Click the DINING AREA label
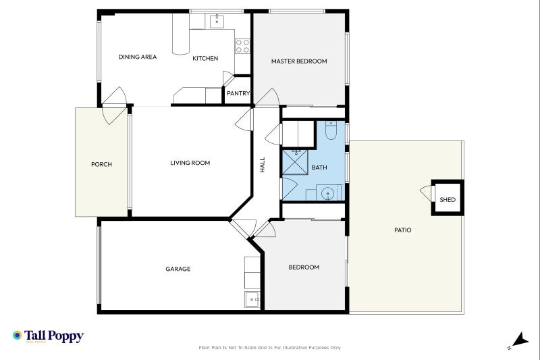click(x=138, y=57)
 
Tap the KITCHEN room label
click(x=205, y=58)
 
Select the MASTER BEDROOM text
click(x=299, y=61)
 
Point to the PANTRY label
click(x=238, y=93)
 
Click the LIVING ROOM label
click(x=190, y=163)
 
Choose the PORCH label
click(x=102, y=164)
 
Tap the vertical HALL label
click(x=263, y=165)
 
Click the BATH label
click(x=319, y=168)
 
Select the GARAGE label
click(x=178, y=269)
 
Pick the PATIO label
click(x=402, y=230)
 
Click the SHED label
click(x=448, y=200)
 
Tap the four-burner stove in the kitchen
click(x=242, y=46)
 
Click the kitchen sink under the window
click(x=217, y=22)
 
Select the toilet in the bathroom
click(x=331, y=130)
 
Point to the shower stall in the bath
click(x=295, y=162)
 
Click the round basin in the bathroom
click(x=327, y=194)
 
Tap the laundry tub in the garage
click(x=252, y=300)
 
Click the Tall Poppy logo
click(x=48, y=336)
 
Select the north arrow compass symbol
click(x=518, y=340)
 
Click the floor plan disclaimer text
click(x=269, y=348)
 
